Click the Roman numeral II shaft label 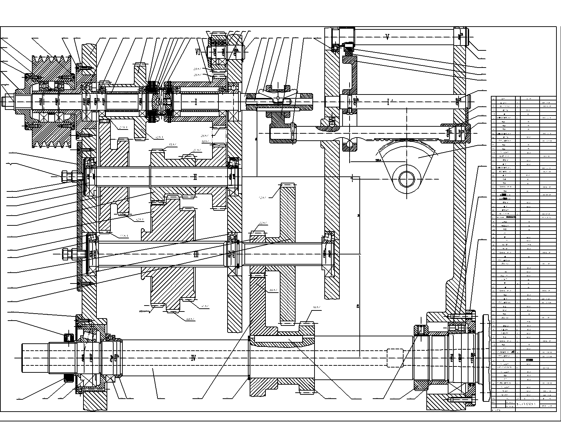coord(195,177)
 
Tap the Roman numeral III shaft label coord(196,254)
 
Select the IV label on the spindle coord(193,358)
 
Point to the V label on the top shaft coord(387,37)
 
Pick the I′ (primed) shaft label coord(388,102)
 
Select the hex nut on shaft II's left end coord(65,176)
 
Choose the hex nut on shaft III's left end coord(65,254)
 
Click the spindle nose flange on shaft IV coord(485,358)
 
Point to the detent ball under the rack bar coord(350,144)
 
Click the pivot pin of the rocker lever coord(277,98)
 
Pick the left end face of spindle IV coord(22,358)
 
